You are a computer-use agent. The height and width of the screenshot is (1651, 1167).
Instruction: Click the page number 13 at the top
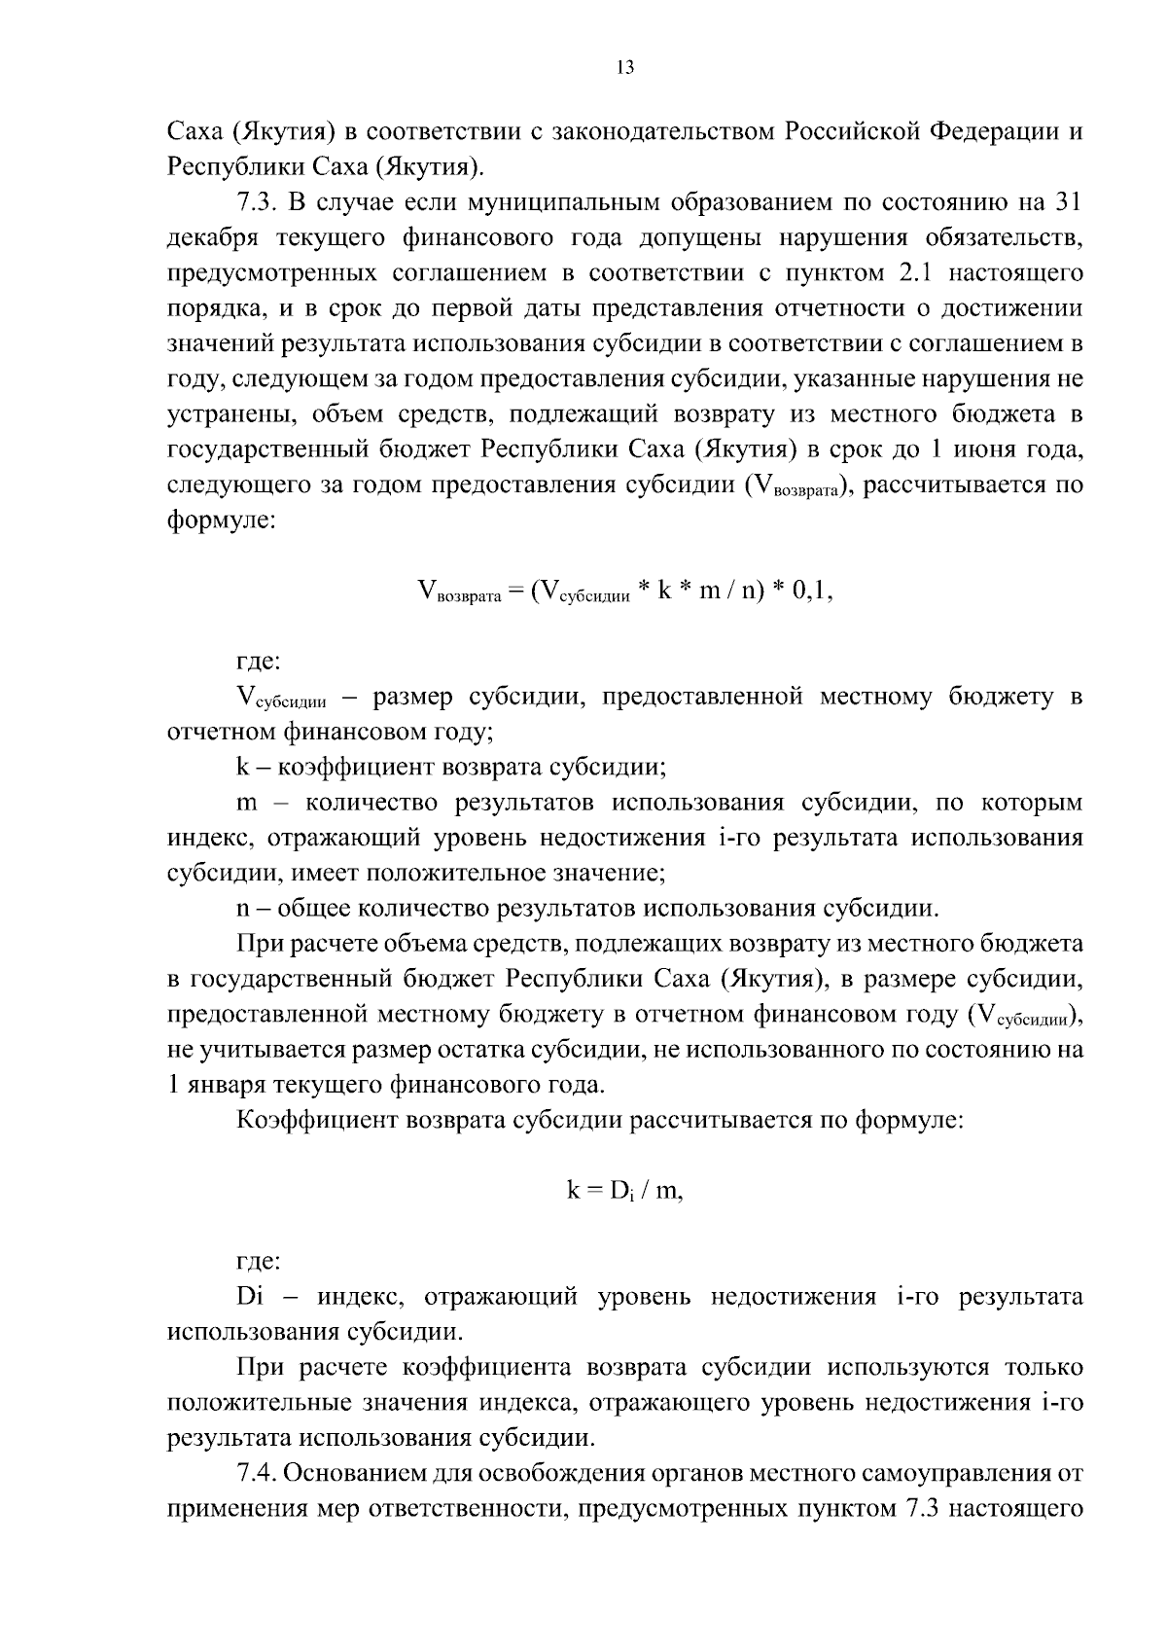click(x=623, y=67)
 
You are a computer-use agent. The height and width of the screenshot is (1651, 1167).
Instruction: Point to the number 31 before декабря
click(x=1068, y=202)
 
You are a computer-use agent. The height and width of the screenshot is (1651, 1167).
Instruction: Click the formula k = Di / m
click(x=624, y=1191)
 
